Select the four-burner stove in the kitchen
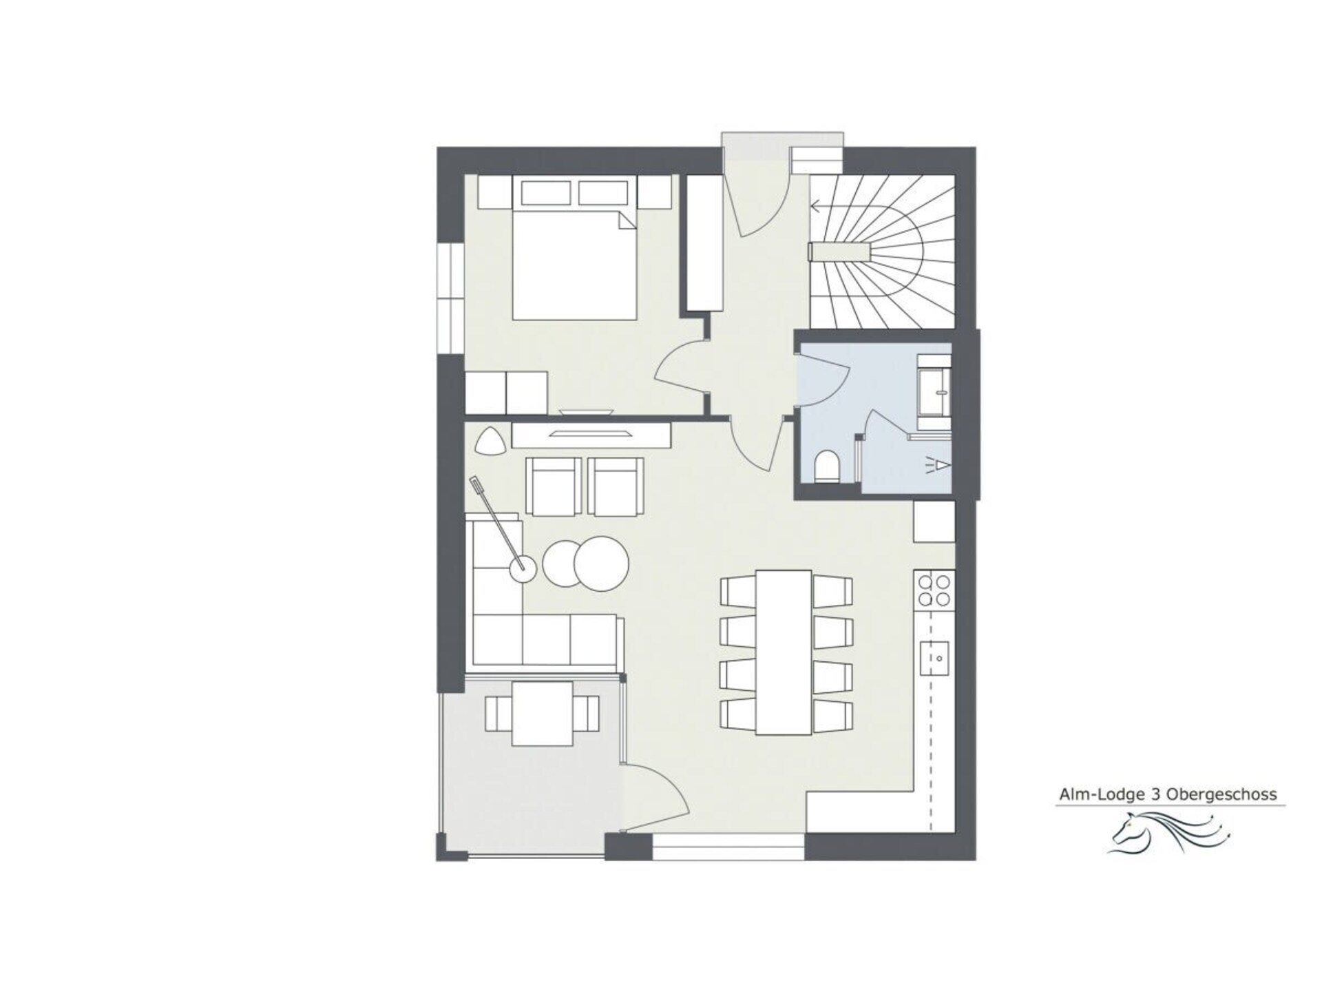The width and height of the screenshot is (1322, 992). pos(934,591)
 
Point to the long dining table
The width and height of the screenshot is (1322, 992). pos(784,652)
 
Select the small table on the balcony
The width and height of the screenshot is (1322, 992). pos(543,713)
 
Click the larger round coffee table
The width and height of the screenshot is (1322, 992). pos(600,563)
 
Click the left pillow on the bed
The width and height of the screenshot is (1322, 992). pos(547,192)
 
